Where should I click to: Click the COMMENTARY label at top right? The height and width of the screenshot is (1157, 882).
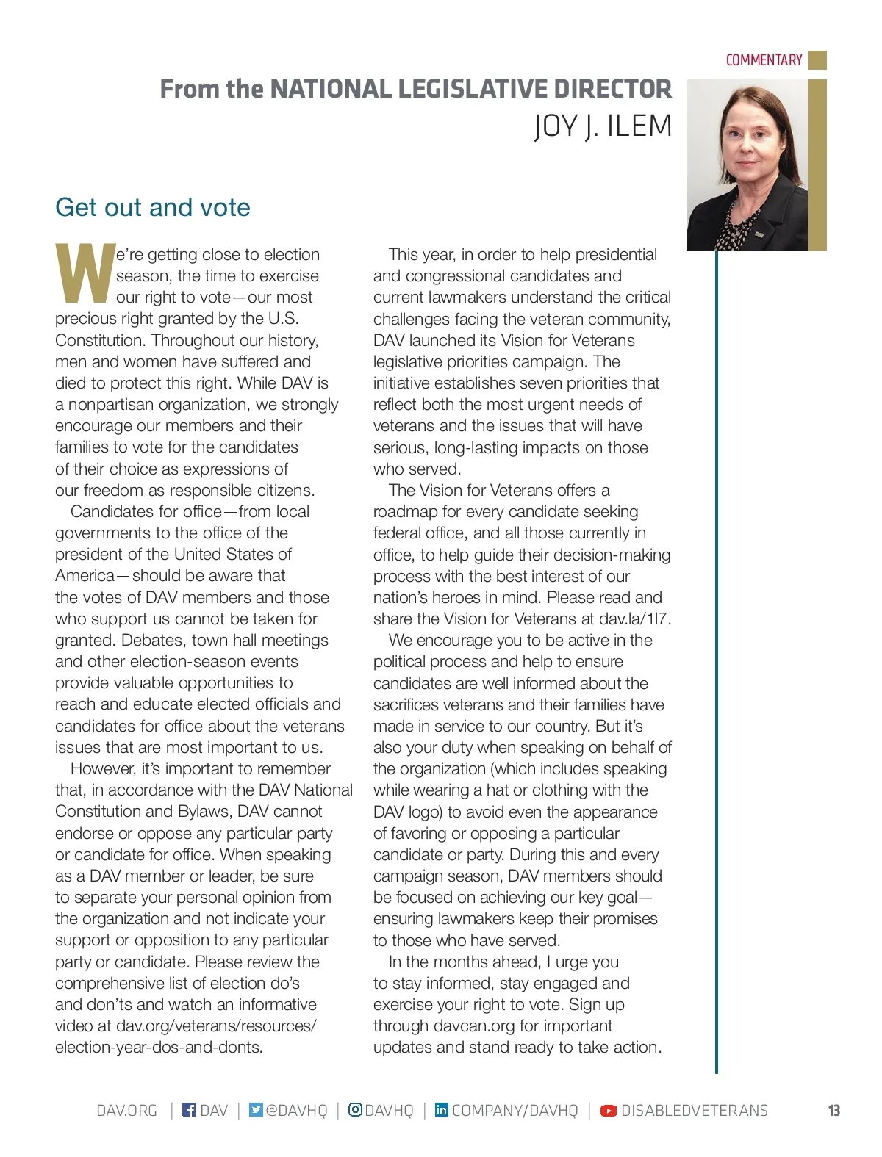[764, 60]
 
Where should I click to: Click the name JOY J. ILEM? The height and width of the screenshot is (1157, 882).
[603, 126]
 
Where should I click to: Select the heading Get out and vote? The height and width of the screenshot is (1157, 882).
[153, 207]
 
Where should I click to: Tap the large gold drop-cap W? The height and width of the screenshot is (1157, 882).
[85, 274]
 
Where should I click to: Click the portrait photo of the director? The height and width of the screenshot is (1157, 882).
[747, 165]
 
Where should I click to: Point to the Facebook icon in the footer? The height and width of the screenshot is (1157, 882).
[189, 1110]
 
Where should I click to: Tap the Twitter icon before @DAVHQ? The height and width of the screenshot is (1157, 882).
[255, 1110]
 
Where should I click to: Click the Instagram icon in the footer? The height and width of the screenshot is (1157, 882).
[355, 1110]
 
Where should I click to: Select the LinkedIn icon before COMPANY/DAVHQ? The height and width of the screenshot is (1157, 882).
[441, 1110]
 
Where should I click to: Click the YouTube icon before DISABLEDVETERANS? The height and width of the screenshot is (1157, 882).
[609, 1111]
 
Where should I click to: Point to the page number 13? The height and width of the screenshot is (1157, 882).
[834, 1111]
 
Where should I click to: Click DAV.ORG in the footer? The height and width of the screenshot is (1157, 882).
[127, 1111]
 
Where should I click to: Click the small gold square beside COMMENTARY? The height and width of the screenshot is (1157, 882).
[817, 60]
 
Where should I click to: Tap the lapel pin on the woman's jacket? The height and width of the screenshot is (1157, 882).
[759, 234]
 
